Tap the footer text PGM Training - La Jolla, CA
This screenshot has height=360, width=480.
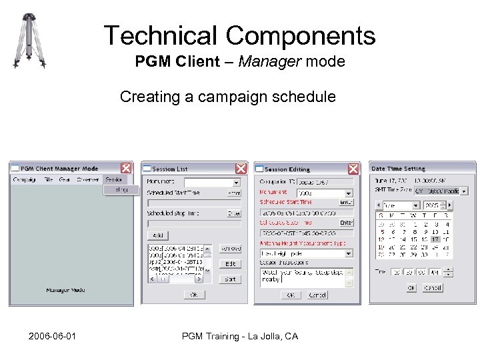coord(240,337)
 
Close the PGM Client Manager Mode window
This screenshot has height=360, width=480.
coord(125,168)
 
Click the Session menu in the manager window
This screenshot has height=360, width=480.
coord(115,179)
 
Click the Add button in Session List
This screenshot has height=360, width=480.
coord(158,235)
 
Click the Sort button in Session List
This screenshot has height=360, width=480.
coord(230,279)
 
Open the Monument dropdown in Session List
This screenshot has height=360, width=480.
coord(235,181)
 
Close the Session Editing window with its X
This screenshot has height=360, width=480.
coord(354,168)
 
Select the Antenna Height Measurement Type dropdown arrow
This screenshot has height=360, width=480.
coord(350,254)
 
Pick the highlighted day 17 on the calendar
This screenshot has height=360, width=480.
coord(435,239)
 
